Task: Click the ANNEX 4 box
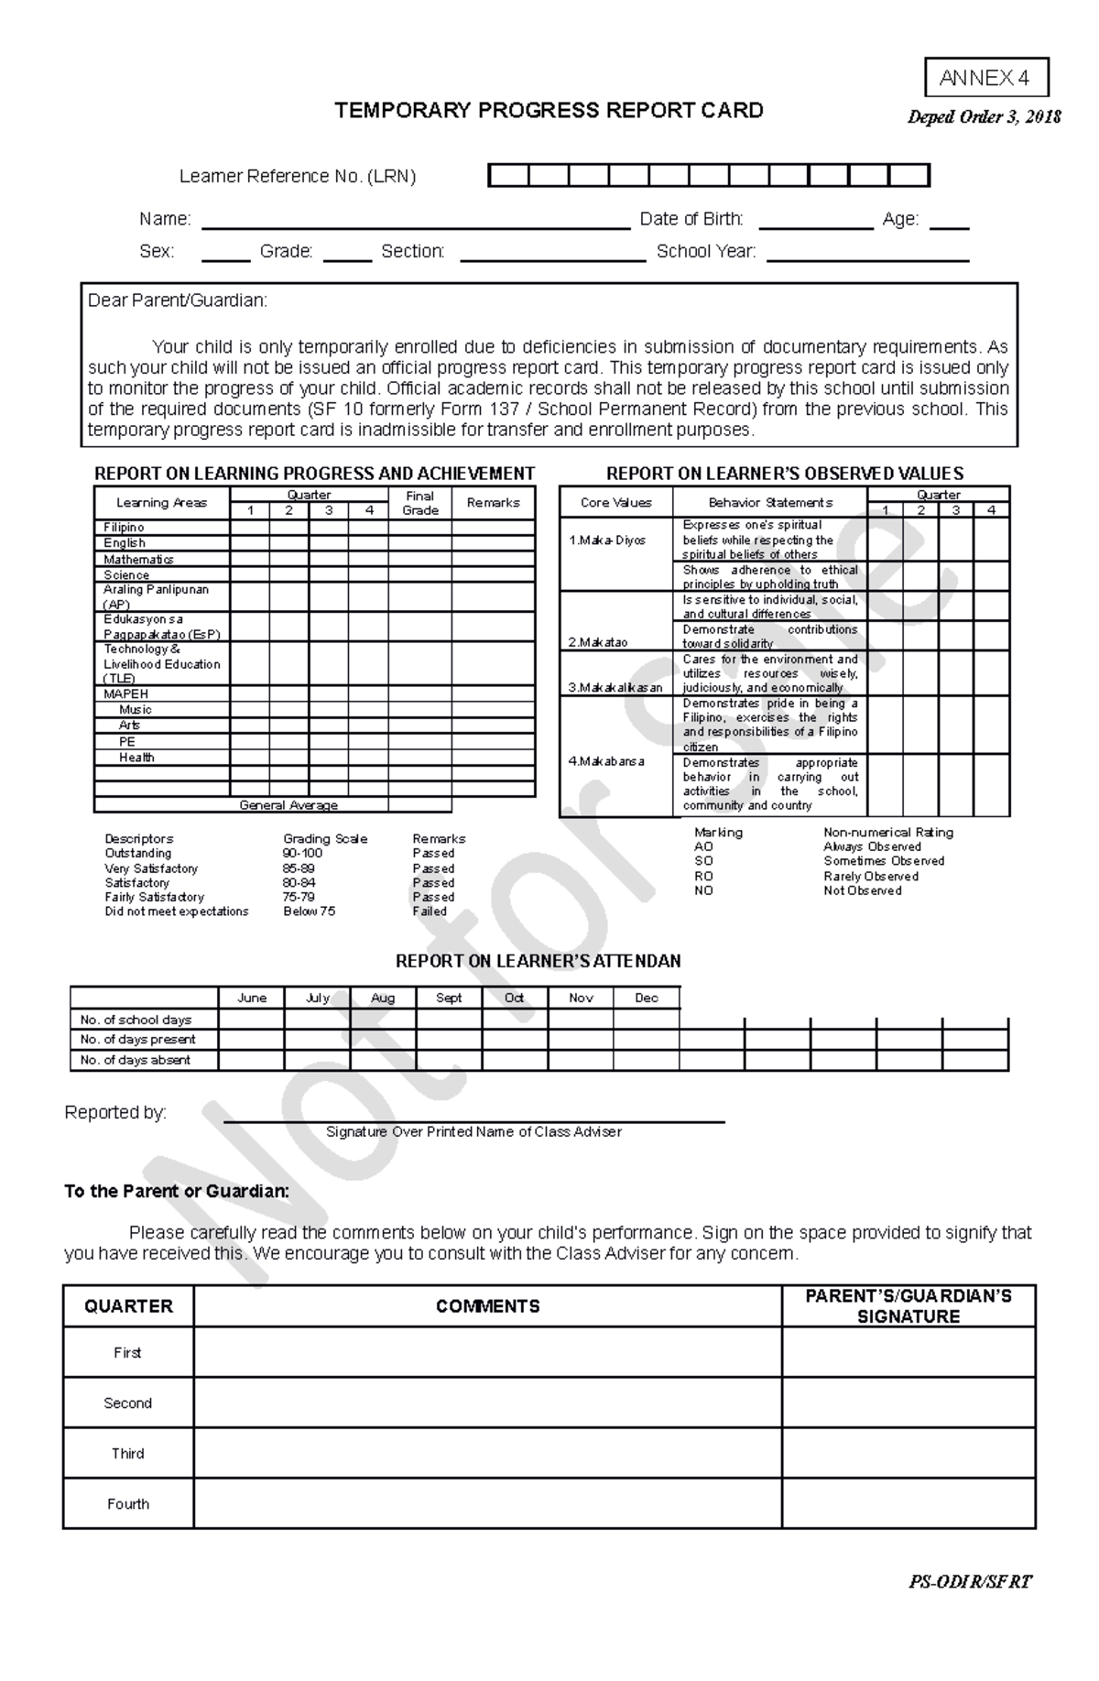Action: click(x=985, y=78)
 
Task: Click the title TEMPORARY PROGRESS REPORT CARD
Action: click(x=549, y=111)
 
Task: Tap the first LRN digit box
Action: click(x=508, y=175)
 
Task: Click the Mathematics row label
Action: click(x=138, y=559)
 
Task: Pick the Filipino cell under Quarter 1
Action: click(x=249, y=528)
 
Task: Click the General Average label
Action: click(x=288, y=805)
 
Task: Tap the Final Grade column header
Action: click(x=419, y=503)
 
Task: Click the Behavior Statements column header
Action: click(x=769, y=502)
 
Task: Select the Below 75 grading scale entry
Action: click(x=310, y=911)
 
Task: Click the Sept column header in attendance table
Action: click(x=449, y=998)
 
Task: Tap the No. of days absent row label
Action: click(x=136, y=1060)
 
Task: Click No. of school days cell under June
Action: click(x=251, y=1020)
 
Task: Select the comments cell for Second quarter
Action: click(x=487, y=1403)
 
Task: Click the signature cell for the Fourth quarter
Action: click(x=908, y=1503)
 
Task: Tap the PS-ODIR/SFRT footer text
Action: click(x=970, y=1582)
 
